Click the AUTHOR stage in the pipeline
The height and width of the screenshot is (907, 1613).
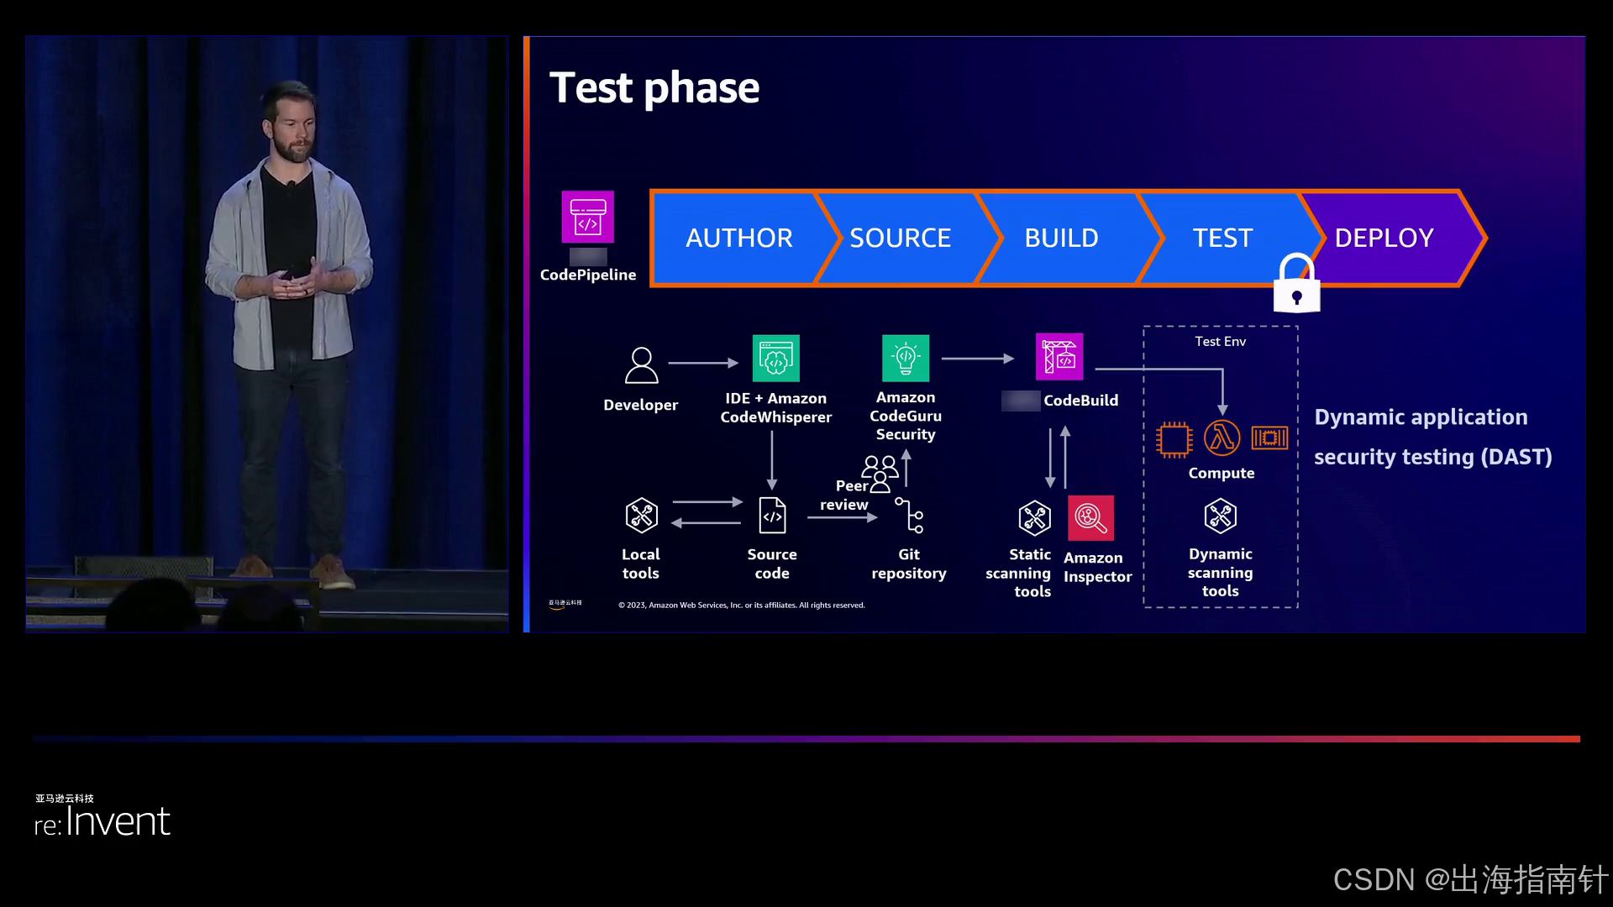tap(738, 239)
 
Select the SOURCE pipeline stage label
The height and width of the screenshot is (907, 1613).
tap(900, 239)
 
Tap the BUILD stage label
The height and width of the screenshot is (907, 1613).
tap(1061, 239)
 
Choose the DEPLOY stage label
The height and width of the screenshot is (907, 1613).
tap(1384, 239)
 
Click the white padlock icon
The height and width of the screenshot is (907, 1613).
tap(1296, 286)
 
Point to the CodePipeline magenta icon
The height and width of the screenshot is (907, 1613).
tap(588, 217)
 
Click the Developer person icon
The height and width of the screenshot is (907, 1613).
tap(641, 365)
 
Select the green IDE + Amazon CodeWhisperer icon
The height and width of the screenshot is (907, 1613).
tap(775, 359)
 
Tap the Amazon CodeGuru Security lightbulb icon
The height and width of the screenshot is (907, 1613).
tap(906, 359)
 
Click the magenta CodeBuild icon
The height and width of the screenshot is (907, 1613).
tap(1059, 357)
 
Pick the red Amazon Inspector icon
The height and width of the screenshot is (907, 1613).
tap(1090, 518)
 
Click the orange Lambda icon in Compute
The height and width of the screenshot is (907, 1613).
tap(1222, 438)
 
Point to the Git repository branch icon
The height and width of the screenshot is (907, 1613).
tap(909, 516)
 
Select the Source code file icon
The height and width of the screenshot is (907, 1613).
tap(772, 516)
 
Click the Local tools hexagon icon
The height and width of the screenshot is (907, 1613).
tap(641, 516)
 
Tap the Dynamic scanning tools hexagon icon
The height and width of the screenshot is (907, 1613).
tap(1220, 516)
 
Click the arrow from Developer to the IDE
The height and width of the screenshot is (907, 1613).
tap(703, 363)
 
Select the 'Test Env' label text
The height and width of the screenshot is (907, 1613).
tap(1220, 342)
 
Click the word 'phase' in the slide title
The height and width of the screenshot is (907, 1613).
tap(701, 89)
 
